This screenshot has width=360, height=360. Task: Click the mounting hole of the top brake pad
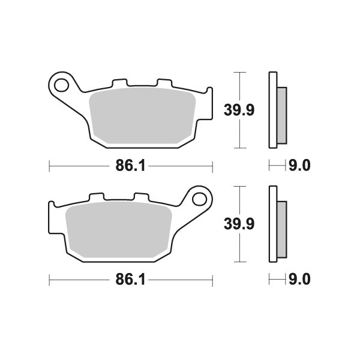pos(61,85)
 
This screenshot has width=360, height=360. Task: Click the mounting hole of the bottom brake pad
pos(200,199)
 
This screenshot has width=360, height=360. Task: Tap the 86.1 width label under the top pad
pos(130,166)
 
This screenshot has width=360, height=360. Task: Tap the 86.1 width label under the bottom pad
pos(130,280)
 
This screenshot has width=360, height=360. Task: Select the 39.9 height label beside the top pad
pos(239,110)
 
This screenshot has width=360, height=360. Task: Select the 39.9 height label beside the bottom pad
pos(239,224)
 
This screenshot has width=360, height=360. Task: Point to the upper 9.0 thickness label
pos(299,166)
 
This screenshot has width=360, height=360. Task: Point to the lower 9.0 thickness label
pos(299,280)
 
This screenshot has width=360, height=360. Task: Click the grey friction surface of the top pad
pos(142,115)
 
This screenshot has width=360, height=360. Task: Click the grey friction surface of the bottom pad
pos(119,229)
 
